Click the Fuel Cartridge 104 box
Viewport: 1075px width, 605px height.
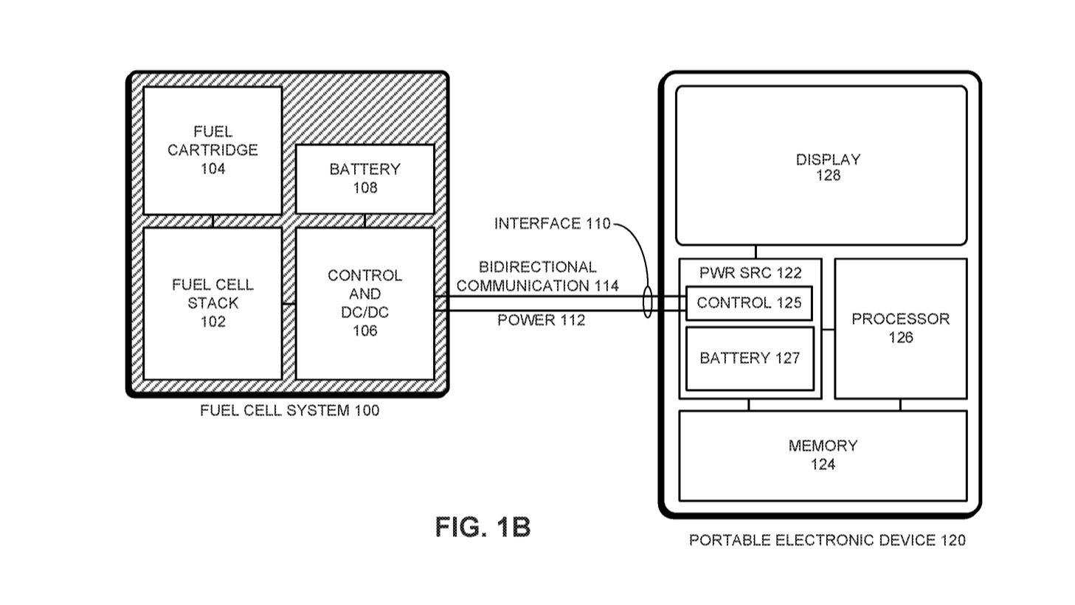tap(212, 151)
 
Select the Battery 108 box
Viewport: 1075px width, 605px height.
tap(364, 179)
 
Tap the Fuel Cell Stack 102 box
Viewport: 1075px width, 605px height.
tap(212, 303)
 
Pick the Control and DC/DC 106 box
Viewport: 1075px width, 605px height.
tap(364, 303)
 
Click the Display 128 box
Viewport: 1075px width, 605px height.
tap(821, 166)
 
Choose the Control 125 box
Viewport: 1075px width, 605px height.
tap(749, 302)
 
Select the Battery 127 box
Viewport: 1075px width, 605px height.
tap(750, 359)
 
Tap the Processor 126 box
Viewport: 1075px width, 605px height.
tap(900, 328)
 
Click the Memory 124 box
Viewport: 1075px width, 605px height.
tap(823, 455)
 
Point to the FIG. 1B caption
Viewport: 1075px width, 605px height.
tap(483, 527)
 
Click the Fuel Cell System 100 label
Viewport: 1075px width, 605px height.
tap(289, 410)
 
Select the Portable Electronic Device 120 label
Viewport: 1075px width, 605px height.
tap(826, 540)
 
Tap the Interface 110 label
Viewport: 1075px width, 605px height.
tap(552, 224)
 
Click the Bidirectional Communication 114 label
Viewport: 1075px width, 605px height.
tap(538, 276)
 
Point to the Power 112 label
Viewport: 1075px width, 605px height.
tap(541, 320)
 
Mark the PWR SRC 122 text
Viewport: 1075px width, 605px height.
tap(750, 272)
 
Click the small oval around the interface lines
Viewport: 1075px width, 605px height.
tap(648, 303)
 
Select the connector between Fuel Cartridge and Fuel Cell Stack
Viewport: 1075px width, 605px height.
tap(212, 221)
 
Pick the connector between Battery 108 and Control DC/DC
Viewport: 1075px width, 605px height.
tap(364, 221)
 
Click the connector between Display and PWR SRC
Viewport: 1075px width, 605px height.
tap(756, 252)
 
